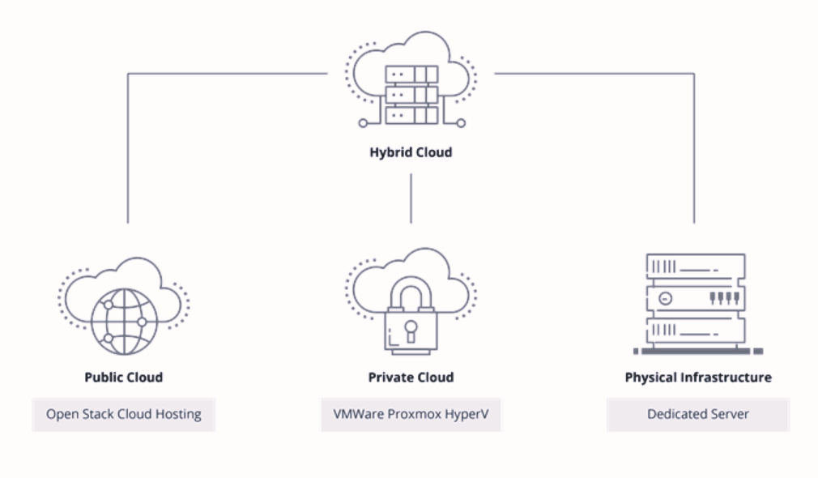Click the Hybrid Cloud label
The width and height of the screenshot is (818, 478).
(x=411, y=152)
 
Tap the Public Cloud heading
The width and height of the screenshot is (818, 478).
(x=124, y=378)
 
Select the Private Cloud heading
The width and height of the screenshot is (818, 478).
(x=411, y=378)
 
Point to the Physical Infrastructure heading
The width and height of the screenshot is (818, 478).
(x=698, y=378)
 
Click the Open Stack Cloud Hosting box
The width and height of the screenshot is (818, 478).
(x=124, y=414)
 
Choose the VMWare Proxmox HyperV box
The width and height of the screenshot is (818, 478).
(x=411, y=414)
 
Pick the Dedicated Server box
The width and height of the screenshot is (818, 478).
(x=698, y=414)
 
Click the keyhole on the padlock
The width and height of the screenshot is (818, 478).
(x=411, y=331)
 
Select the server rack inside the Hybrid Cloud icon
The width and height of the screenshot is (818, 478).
(x=411, y=94)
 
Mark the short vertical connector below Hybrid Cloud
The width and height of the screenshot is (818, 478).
(x=411, y=198)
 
